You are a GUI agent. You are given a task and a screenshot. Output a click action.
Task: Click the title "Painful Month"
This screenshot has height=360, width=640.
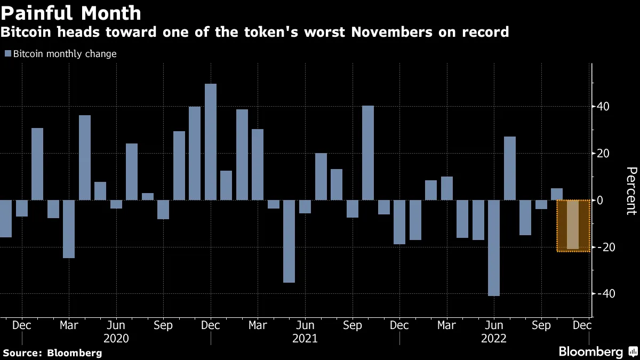coord(71,13)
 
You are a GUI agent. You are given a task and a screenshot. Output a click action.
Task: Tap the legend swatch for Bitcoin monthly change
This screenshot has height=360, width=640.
coord(7,54)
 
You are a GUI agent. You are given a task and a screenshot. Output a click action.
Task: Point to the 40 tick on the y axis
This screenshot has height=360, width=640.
coord(604,107)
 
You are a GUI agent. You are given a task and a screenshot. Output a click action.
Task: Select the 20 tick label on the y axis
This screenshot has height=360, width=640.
coord(604,154)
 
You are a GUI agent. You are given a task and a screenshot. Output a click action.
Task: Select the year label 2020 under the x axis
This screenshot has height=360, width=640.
coord(116,339)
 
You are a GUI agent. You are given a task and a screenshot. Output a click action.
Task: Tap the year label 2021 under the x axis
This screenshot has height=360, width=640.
coord(305,339)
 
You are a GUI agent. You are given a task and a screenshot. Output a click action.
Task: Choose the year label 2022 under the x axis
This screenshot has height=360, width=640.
coord(494,339)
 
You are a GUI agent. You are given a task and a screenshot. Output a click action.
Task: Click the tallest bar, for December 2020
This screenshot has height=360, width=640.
coord(211,142)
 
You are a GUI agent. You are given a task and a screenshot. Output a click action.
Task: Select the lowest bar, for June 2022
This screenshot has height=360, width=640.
coord(494,248)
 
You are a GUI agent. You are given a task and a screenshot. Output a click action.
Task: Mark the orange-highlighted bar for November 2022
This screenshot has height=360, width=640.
coord(573,225)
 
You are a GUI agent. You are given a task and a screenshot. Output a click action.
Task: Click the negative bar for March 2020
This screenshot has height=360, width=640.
coord(69,229)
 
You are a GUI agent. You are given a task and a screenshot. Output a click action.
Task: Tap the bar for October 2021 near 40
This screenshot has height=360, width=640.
coord(368,153)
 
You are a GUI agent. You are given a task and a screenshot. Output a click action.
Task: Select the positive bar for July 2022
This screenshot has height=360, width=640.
coord(510,169)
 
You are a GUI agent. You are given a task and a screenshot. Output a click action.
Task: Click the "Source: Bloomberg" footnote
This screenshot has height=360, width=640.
coord(52,353)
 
